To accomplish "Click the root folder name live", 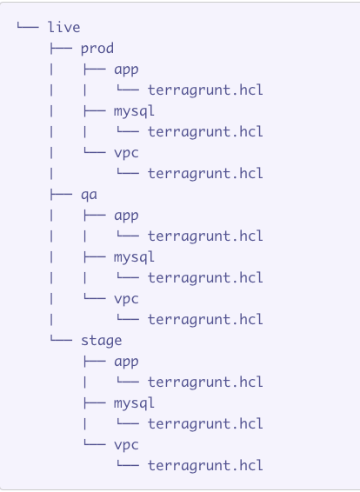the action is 64,27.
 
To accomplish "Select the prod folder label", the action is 97,49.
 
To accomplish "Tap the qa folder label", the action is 90,196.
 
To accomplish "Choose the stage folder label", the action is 102,341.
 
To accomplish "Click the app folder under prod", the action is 126,70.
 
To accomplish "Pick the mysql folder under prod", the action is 134,111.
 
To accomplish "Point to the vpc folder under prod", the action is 126,154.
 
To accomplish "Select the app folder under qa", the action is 126,216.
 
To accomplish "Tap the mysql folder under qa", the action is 134,257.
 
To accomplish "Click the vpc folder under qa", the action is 126,299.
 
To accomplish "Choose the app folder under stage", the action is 126,362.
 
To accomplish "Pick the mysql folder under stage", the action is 134,403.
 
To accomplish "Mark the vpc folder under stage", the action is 126,445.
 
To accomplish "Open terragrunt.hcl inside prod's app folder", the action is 205,90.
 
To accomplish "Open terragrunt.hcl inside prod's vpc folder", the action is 205,174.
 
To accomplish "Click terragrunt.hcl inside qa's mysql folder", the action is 205,278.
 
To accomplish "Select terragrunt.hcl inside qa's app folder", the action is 205,236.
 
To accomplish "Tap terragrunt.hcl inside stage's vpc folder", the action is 205,466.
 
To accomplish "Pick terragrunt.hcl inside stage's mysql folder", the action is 205,424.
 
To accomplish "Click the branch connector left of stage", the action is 61,339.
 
